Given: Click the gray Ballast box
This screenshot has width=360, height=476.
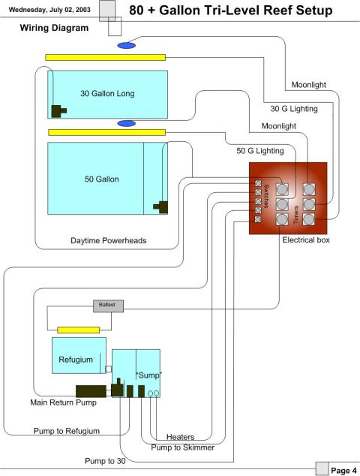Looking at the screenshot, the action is pyautogui.click(x=108, y=306).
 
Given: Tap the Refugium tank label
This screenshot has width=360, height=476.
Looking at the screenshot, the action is pyautogui.click(x=76, y=360).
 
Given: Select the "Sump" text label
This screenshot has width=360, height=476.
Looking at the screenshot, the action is pyautogui.click(x=148, y=375).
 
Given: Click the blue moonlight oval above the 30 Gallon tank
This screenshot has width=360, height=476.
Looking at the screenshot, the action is pyautogui.click(x=127, y=46).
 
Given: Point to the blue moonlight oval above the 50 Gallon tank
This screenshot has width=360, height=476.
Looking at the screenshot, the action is pyautogui.click(x=127, y=124).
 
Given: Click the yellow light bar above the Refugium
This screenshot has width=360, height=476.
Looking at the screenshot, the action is pyautogui.click(x=79, y=330).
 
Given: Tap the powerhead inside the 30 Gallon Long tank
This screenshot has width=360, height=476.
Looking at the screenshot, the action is pyautogui.click(x=58, y=111).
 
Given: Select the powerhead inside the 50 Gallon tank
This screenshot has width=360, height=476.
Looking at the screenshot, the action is pyautogui.click(x=160, y=207).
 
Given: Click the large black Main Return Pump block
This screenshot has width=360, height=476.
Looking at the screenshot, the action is pyautogui.click(x=91, y=391).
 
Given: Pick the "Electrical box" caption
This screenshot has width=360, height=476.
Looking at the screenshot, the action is pyautogui.click(x=306, y=240).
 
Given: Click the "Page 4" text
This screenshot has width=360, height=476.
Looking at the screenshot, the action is pyautogui.click(x=343, y=471).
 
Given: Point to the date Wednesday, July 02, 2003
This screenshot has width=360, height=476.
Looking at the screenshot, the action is pyautogui.click(x=49, y=10).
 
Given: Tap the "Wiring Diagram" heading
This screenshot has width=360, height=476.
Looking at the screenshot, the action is pyautogui.click(x=54, y=28).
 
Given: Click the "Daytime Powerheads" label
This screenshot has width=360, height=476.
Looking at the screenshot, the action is pyautogui.click(x=109, y=241).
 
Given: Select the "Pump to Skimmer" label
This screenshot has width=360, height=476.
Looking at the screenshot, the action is pyautogui.click(x=182, y=447).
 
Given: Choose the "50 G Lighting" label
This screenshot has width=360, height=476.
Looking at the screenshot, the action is pyautogui.click(x=260, y=151).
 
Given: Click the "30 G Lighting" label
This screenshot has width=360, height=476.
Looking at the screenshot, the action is pyautogui.click(x=294, y=109).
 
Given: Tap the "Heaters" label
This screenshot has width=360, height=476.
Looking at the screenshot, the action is pyautogui.click(x=180, y=437).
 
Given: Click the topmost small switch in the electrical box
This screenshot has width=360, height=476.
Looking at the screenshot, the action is pyautogui.click(x=258, y=183).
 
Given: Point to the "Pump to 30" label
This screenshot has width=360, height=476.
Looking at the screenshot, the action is pyautogui.click(x=105, y=461).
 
